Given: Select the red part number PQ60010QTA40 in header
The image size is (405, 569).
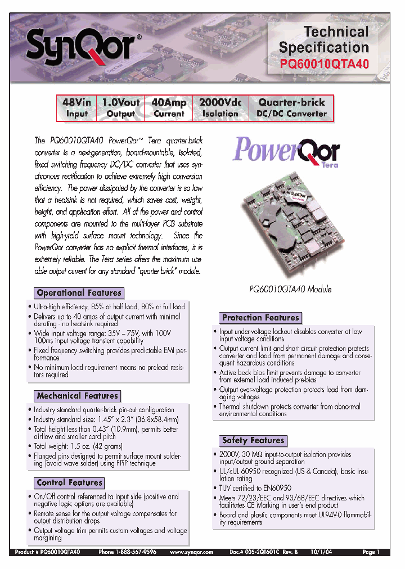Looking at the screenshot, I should point(324,64).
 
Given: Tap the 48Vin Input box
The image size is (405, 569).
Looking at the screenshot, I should point(77,108).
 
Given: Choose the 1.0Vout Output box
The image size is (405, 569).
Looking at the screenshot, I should point(120,108).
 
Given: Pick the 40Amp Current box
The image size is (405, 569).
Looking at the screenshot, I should point(169,108).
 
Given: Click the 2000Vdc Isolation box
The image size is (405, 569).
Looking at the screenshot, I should point(220,108).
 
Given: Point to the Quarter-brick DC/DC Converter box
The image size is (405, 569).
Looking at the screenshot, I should point(291,108).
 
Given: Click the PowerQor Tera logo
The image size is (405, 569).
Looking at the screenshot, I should point(286,151).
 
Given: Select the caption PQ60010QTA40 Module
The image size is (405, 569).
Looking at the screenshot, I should point(290,289).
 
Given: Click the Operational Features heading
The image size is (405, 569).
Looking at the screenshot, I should point(79,293).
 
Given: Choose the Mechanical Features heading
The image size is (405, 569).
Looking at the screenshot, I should point(77,396).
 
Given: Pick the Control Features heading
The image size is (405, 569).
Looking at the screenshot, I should point(69,482).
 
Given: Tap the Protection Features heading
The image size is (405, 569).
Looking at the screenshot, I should point(260,318).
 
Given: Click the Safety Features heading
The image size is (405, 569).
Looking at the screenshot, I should point(253,440).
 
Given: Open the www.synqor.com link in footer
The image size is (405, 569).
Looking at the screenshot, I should point(192,553).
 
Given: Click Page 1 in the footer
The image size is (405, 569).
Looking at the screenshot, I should point(371,553).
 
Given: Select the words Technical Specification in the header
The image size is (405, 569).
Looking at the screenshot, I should point(324,39).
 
